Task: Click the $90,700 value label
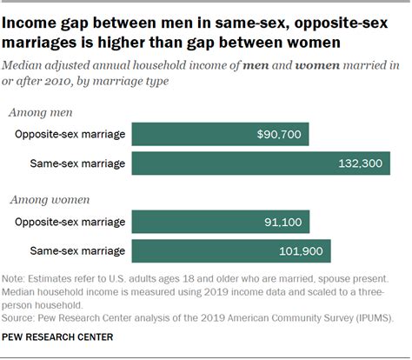click(280, 135)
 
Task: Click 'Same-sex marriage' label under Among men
click(77, 163)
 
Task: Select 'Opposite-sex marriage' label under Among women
click(70, 223)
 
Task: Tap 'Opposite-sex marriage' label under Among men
click(70, 135)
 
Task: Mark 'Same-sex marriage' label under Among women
click(77, 251)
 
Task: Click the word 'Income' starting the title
click(35, 17)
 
